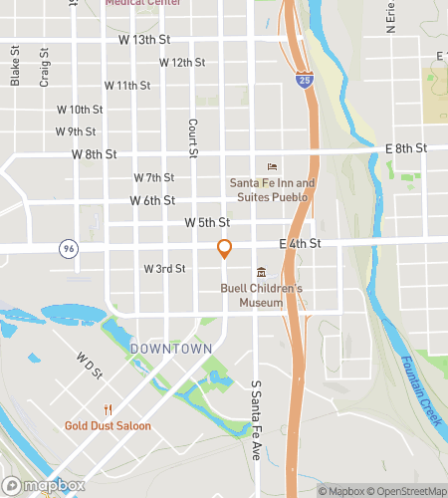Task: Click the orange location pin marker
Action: [224, 250]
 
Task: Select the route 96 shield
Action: [67, 250]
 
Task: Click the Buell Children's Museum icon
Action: [261, 273]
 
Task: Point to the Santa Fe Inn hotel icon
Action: [272, 167]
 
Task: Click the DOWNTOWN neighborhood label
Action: [170, 349]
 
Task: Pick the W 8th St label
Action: [95, 155]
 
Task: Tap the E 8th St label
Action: [405, 148]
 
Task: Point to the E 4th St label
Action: [301, 243]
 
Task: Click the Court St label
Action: [193, 138]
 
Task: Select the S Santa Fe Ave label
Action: [255, 407]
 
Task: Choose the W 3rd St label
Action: [164, 269]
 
